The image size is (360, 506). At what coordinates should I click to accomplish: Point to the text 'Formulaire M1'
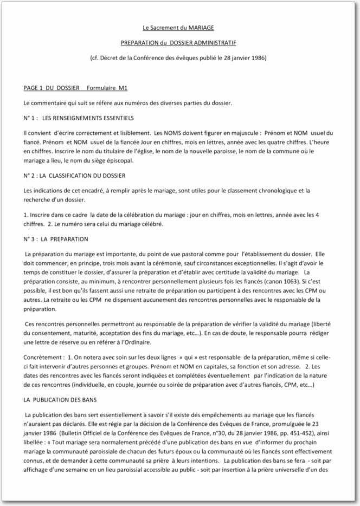(107, 88)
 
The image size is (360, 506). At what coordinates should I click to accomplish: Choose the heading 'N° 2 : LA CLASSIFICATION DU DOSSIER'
(75, 176)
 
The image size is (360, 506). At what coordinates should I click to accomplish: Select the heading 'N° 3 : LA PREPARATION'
(56, 239)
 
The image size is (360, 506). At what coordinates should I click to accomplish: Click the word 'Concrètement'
(42, 359)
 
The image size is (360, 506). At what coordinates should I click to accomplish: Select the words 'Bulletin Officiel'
(86, 434)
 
